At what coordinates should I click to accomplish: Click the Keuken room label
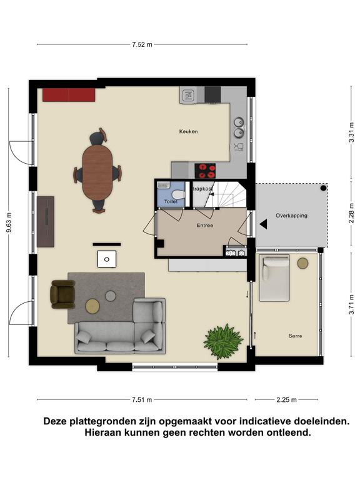(188, 132)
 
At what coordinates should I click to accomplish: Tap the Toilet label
(171, 201)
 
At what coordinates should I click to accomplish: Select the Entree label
(205, 225)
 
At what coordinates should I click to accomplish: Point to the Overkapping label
(291, 216)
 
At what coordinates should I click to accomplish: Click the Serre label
(295, 336)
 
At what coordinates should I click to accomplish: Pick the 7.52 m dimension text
(142, 44)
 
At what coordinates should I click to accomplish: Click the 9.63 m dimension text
(9, 222)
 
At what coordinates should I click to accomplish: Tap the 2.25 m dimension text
(286, 399)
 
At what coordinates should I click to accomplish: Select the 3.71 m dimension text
(351, 304)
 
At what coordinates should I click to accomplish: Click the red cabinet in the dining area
(69, 95)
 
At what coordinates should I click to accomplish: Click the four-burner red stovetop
(205, 171)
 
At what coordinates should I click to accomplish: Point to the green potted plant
(224, 341)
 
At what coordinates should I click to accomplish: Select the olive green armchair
(62, 294)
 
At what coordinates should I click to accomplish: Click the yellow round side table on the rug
(92, 306)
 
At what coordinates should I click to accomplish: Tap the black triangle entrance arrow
(264, 224)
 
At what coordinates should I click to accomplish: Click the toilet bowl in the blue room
(178, 195)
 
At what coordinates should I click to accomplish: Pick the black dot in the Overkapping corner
(323, 188)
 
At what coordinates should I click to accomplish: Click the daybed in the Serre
(274, 279)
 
